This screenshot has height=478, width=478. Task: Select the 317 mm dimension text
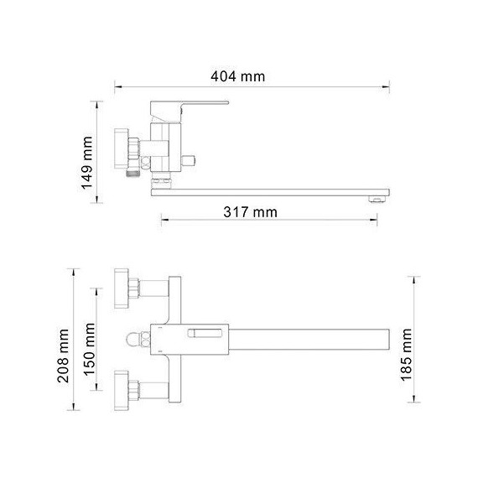[x=251, y=212]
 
